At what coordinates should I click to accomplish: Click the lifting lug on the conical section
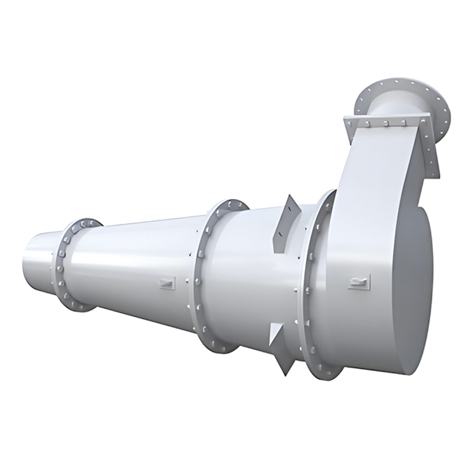click(x=167, y=283)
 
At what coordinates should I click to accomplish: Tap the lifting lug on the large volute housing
click(x=359, y=282)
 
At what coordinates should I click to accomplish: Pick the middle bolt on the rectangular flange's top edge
click(x=385, y=123)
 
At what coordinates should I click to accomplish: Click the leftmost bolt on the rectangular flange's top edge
click(x=353, y=123)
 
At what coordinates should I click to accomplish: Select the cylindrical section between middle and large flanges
click(x=254, y=277)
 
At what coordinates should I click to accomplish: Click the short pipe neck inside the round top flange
click(x=392, y=109)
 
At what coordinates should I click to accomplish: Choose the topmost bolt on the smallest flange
click(x=84, y=224)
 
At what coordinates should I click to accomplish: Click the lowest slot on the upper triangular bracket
click(x=281, y=242)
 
